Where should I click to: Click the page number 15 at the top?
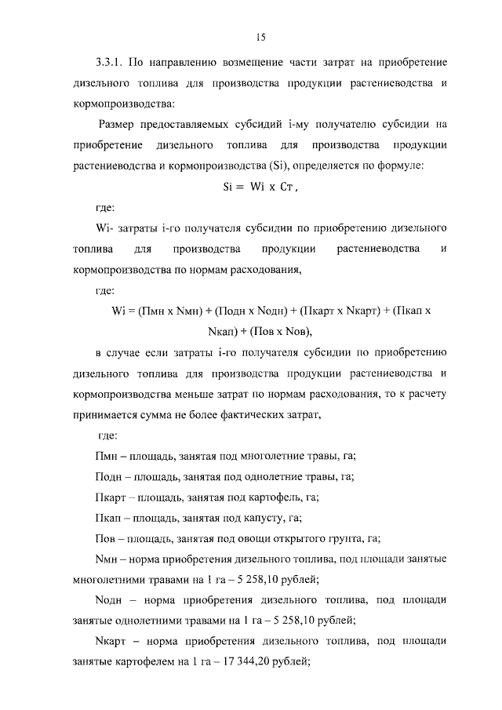262,36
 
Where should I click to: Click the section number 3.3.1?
107,61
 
